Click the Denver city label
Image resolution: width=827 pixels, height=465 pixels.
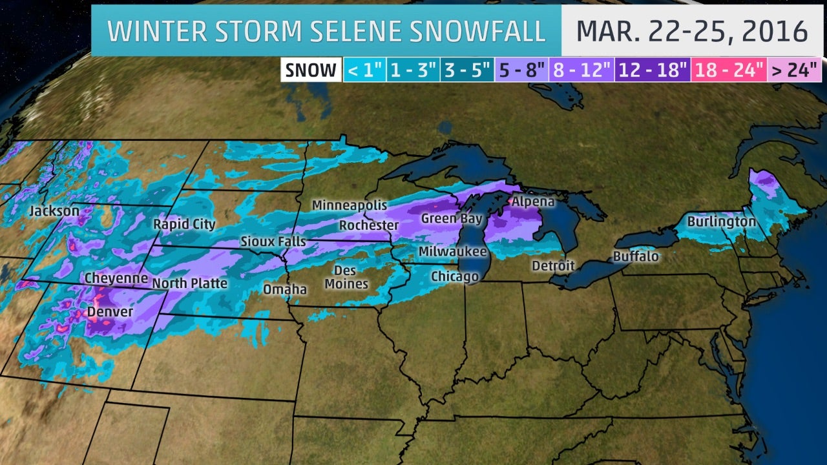coord(110,312)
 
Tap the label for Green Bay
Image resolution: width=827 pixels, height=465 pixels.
coord(452,219)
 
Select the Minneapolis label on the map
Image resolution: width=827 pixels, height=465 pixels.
coord(350,205)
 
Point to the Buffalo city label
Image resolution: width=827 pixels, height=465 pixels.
coord(636,256)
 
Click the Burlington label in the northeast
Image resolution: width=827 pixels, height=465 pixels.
coord(721,222)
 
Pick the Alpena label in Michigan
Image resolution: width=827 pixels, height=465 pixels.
coord(533,201)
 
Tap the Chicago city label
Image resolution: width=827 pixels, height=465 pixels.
coord(455,276)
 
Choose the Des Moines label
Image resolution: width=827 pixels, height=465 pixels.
coord(346,277)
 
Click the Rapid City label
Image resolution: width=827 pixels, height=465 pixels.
coord(184,224)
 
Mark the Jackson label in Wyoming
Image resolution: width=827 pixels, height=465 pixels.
coord(54,211)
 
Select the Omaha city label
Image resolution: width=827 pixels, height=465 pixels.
coord(285,289)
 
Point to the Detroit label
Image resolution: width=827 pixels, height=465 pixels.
coord(553,265)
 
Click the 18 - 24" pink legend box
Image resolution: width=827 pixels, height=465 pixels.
coord(729,70)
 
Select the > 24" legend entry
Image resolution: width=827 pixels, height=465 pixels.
coord(793,70)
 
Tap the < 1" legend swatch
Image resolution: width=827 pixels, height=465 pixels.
coord(364,70)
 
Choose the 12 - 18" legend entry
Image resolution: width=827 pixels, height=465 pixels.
coord(651,70)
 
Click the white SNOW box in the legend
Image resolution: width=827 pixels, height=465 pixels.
coord(311,70)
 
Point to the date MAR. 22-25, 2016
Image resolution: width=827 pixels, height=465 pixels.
coord(692,30)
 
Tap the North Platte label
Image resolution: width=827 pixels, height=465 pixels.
coord(189,283)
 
